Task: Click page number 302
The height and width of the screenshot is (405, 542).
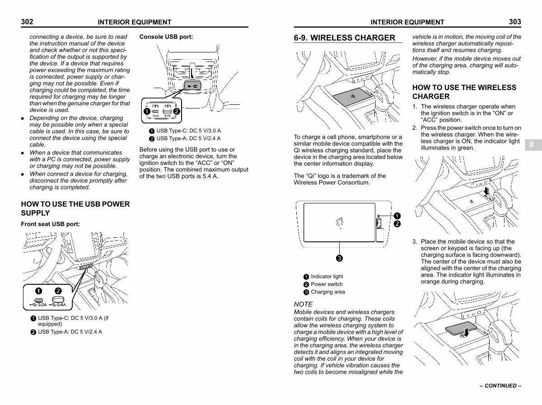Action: tap(27, 22)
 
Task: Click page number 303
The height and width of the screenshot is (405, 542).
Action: tap(515, 22)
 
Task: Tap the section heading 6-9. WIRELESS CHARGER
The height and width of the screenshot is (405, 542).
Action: tap(344, 38)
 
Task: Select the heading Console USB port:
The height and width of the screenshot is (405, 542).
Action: tap(166, 37)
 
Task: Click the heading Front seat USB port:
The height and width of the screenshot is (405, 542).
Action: tap(51, 224)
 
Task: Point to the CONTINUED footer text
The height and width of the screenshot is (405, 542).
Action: tap(500, 386)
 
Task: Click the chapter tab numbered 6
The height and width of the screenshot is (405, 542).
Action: tap(532, 145)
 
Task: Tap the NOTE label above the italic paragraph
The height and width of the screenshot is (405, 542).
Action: tap(303, 304)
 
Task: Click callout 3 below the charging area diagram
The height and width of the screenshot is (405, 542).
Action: tap(339, 259)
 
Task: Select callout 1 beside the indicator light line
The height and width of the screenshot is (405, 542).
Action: tap(397, 216)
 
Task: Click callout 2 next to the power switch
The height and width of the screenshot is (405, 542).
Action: tap(397, 224)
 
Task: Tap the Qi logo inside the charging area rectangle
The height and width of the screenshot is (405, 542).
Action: tap(340, 223)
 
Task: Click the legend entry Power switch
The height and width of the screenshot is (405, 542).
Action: tap(327, 284)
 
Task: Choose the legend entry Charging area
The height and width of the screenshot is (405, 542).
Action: tap(327, 292)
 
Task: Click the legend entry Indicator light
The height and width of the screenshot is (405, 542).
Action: tap(327, 277)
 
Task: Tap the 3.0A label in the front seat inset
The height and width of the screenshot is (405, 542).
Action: tap(42, 305)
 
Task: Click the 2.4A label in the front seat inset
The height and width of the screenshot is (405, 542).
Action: tap(61, 305)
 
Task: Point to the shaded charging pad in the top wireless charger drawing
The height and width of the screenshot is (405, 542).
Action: tap(352, 97)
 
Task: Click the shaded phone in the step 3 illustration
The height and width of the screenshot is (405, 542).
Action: tap(461, 328)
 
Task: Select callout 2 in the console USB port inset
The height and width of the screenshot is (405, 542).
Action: tap(176, 112)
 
